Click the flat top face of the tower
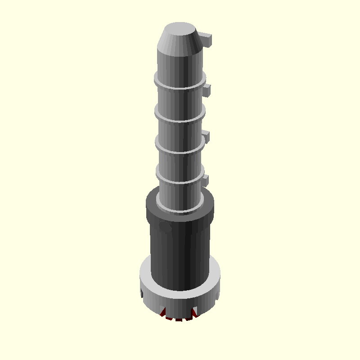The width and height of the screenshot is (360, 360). (x=179, y=30)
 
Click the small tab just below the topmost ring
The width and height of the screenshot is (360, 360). (x=207, y=90)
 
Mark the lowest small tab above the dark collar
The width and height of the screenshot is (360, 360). (x=206, y=181)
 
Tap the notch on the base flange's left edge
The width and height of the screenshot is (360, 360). (x=140, y=293)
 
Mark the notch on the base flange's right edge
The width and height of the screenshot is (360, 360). (x=218, y=295)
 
